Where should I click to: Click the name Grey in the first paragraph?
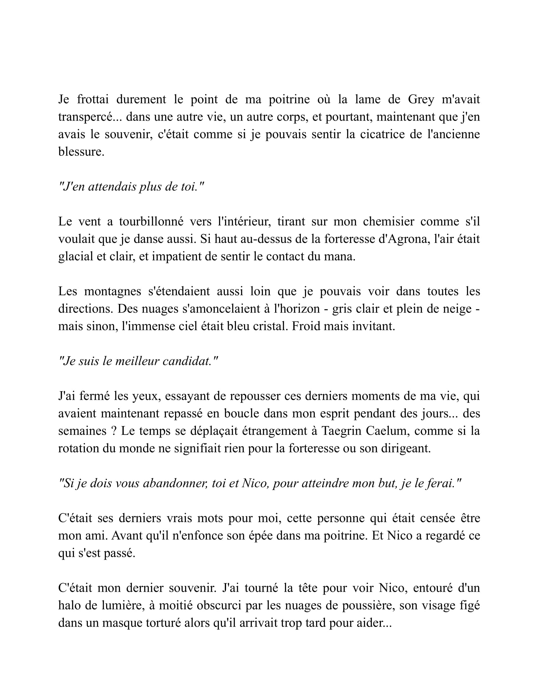coord(421,100)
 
